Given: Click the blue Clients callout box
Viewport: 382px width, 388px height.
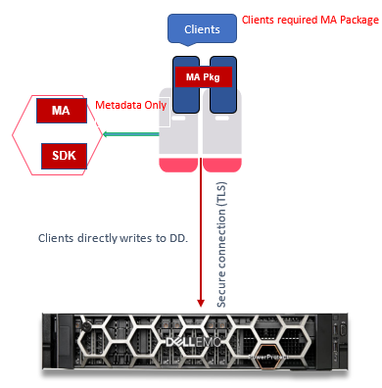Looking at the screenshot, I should click(202, 29).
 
